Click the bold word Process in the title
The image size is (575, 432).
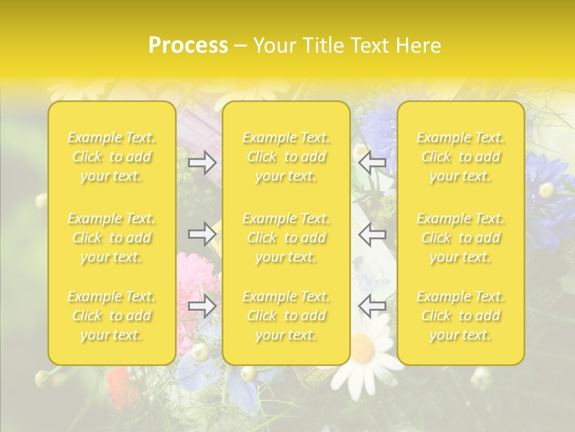click(x=188, y=46)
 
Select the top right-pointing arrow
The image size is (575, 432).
click(x=202, y=163)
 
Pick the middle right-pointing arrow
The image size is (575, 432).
click(x=202, y=234)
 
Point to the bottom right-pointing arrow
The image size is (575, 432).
click(x=202, y=306)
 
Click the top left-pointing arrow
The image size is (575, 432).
click(x=373, y=163)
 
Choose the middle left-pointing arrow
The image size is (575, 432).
click(x=373, y=234)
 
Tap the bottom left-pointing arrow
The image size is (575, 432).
click(x=373, y=306)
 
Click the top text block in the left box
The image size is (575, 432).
click(x=111, y=157)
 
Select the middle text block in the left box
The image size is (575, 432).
click(x=111, y=238)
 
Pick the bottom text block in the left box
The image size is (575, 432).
click(x=111, y=316)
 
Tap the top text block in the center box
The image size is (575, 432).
click(x=286, y=157)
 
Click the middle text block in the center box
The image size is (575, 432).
click(x=286, y=238)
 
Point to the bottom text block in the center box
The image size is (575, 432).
click(x=286, y=316)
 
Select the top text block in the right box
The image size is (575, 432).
click(x=461, y=157)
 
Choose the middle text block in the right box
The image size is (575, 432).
click(x=461, y=238)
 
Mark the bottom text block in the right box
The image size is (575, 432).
click(x=461, y=316)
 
